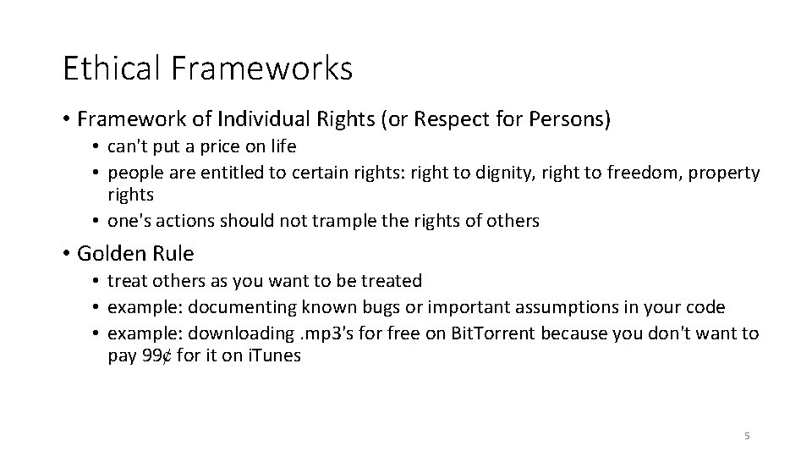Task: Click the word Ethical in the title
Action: [x=114, y=69]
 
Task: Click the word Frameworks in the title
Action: [x=263, y=69]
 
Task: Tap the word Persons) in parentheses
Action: [x=570, y=119]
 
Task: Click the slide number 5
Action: [x=746, y=436]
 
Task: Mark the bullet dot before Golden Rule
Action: [x=66, y=253]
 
